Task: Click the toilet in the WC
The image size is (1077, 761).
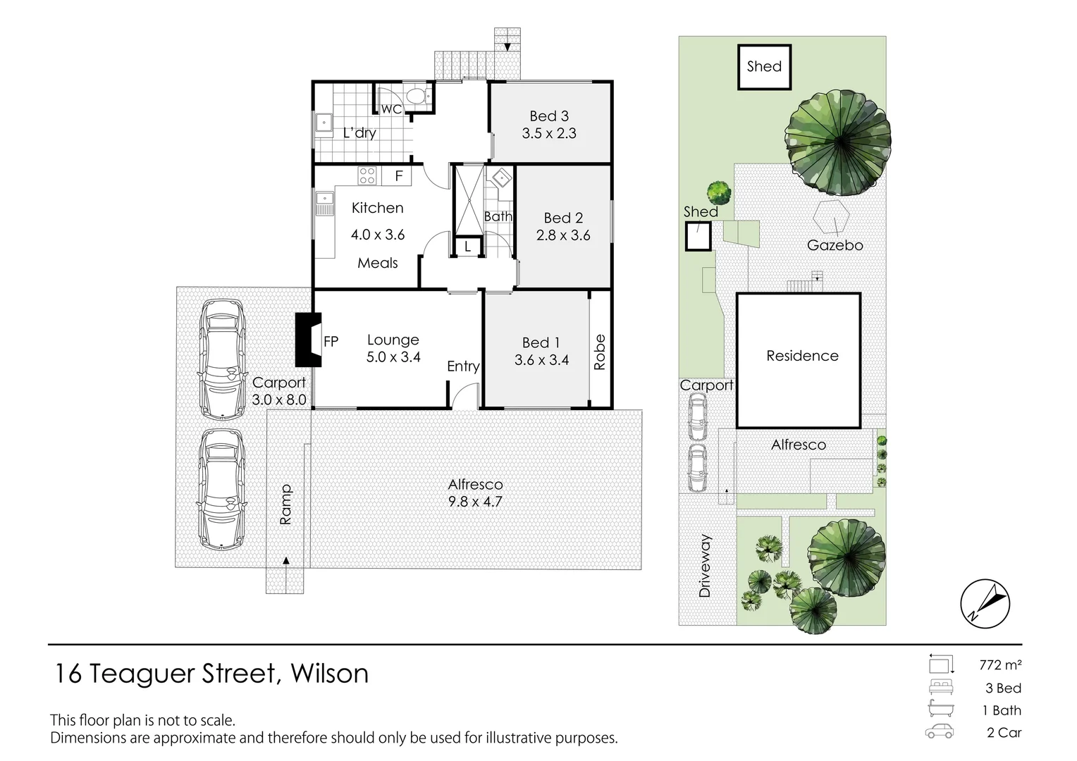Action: [x=417, y=96]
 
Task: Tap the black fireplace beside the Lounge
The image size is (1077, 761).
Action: [x=308, y=340]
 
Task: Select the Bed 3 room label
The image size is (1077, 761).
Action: [x=549, y=116]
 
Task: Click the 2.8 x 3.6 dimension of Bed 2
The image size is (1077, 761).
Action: [x=563, y=235]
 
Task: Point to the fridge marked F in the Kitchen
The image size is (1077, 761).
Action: [x=397, y=176]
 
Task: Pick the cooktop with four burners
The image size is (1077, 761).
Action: [x=367, y=175]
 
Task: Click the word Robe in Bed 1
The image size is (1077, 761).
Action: [x=600, y=352]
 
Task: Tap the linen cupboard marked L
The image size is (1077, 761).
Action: [x=467, y=247]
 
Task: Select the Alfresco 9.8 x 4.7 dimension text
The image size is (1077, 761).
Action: [x=475, y=502]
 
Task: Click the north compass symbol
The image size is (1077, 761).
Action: [x=985, y=604]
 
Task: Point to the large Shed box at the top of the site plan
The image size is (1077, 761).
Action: [x=765, y=67]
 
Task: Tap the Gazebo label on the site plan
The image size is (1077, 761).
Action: [x=835, y=245]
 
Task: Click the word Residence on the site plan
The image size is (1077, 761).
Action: [x=802, y=356]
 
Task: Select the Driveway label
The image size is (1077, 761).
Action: [x=704, y=566]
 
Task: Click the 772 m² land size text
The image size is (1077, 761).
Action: [x=1000, y=665]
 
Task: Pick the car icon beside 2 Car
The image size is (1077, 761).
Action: [x=939, y=731]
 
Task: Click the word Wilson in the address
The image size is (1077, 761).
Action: [x=330, y=673]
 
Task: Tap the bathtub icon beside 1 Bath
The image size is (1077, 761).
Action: [x=941, y=709]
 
